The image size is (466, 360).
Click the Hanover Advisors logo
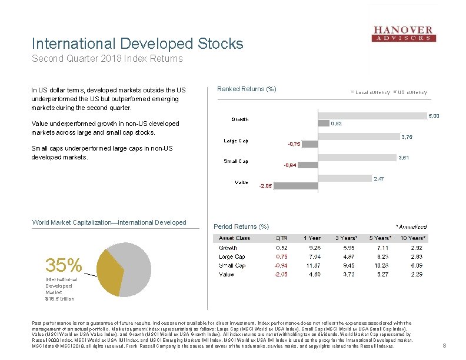(x=404, y=34)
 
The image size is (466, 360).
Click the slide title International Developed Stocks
(x=137, y=44)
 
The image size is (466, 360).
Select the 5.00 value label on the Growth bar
(x=433, y=116)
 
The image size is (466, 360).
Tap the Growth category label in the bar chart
(x=239, y=119)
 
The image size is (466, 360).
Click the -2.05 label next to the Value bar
(x=265, y=186)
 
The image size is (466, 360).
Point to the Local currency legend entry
(x=372, y=92)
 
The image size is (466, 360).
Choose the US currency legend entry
(x=412, y=92)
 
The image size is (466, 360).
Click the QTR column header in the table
(x=282, y=238)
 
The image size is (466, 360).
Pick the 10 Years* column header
(x=412, y=238)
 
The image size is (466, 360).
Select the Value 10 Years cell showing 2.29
(x=416, y=274)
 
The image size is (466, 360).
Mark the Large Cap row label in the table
(x=232, y=256)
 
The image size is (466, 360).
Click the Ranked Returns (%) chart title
(x=247, y=89)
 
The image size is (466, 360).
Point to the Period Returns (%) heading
(x=241, y=226)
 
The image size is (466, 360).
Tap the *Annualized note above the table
(x=411, y=226)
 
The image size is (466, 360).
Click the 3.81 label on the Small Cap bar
(x=404, y=158)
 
